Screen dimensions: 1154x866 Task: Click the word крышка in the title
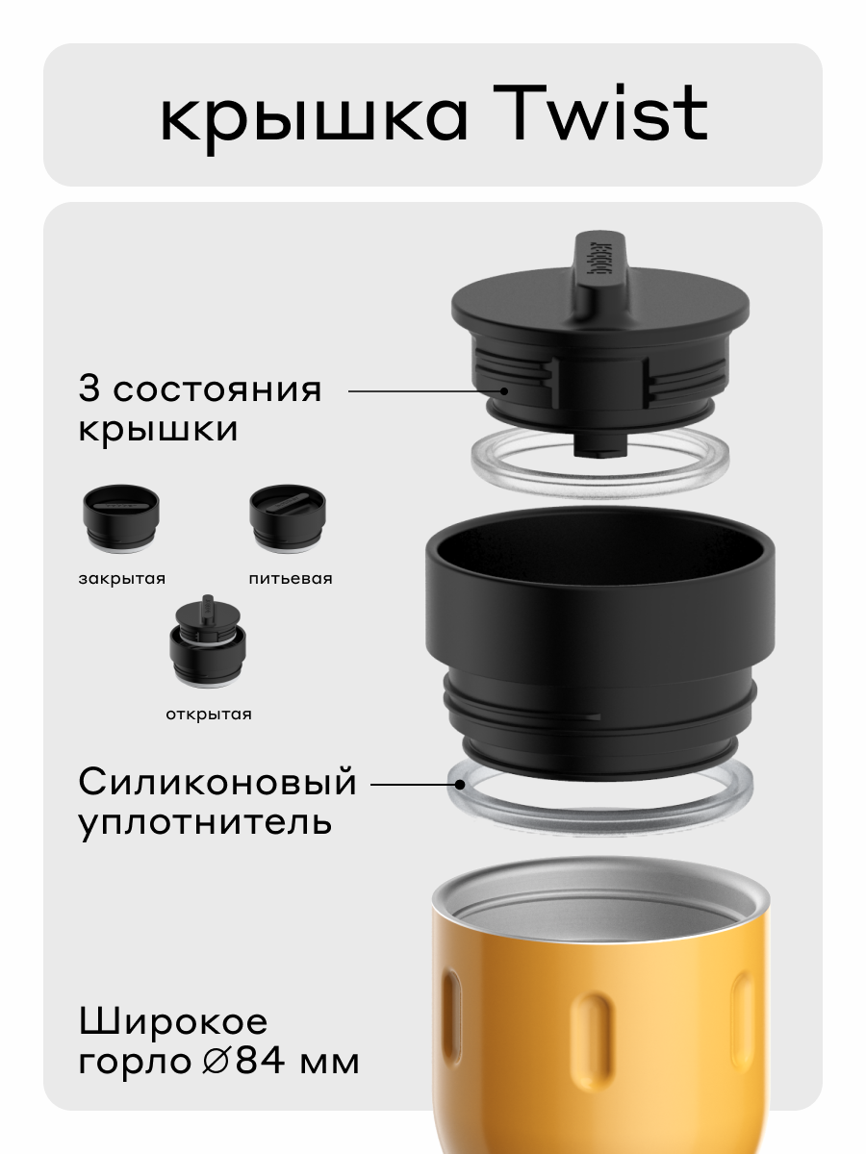coord(314,118)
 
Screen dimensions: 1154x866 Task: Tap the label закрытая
coord(122,579)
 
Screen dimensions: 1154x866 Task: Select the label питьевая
coord(290,579)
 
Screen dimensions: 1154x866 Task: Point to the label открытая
coord(208,714)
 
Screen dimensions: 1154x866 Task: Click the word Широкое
coord(173,1020)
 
